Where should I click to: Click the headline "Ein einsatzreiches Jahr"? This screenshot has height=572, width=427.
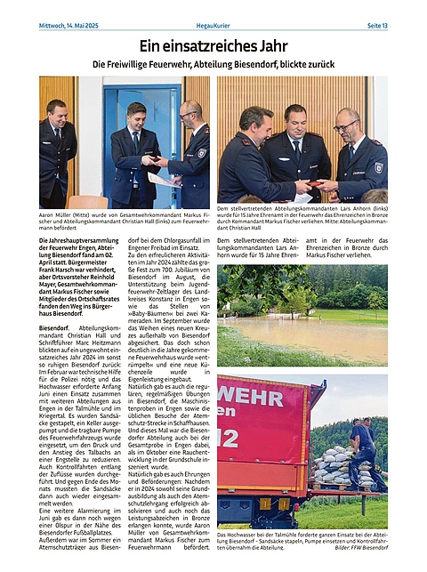213,44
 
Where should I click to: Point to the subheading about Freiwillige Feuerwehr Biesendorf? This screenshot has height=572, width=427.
213,64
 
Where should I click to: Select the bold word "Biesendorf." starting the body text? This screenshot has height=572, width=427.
55,328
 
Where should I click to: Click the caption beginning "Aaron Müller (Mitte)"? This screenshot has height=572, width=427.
125,222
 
